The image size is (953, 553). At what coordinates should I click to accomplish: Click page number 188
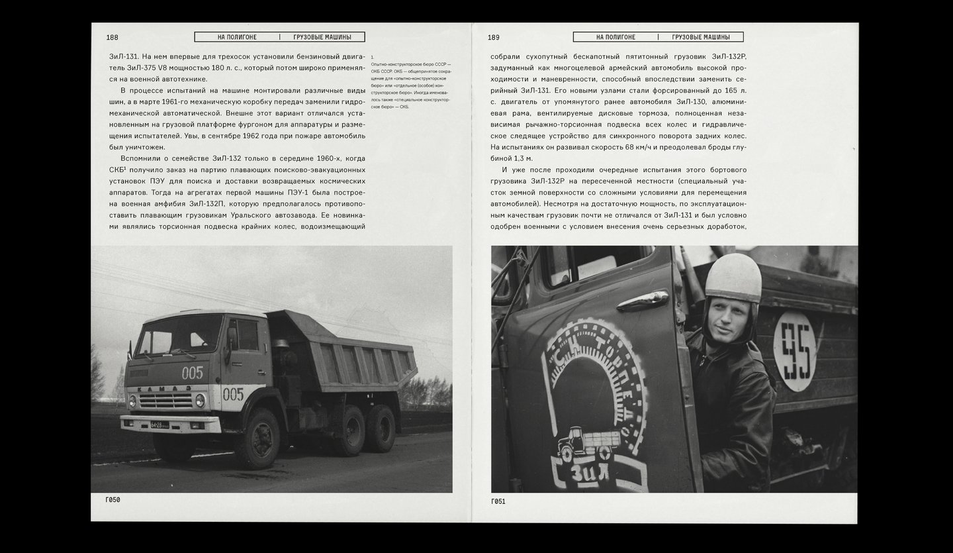pyautogui.click(x=112, y=38)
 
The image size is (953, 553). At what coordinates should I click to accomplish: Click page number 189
pyautogui.click(x=494, y=38)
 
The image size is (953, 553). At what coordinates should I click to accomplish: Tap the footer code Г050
pyautogui.click(x=113, y=500)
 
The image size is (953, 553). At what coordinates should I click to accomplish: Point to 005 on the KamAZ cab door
pyautogui.click(x=233, y=394)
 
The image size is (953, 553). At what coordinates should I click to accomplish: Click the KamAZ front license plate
pyautogui.click(x=159, y=425)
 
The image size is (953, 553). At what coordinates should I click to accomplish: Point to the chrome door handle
pyautogui.click(x=641, y=302)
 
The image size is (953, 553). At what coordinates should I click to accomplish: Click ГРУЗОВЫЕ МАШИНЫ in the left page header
pyautogui.click(x=322, y=37)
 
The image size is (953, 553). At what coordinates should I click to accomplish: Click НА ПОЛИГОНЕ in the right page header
pyautogui.click(x=615, y=37)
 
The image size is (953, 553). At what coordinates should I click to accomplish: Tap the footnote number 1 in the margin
pyautogui.click(x=373, y=58)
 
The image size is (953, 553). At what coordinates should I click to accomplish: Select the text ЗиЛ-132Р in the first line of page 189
pyautogui.click(x=723, y=57)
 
